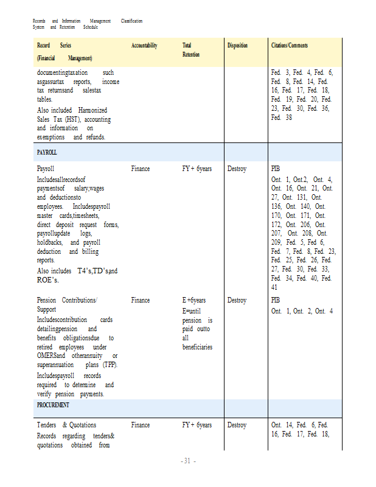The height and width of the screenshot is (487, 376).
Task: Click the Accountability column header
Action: tap(144, 46)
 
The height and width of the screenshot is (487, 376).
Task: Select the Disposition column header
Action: tap(237, 46)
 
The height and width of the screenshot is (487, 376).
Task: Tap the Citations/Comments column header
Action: tap(290, 46)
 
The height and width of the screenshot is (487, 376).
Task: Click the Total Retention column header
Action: tap(190, 50)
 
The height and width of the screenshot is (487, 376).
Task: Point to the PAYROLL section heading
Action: tap(47, 153)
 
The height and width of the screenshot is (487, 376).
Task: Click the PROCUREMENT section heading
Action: tap(53, 405)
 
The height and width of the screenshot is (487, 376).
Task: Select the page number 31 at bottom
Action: tap(188, 461)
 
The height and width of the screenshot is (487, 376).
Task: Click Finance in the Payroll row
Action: tap(141, 169)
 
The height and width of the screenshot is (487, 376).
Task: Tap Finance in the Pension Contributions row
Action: tap(141, 300)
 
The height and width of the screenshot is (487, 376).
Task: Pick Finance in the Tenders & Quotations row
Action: tap(141, 425)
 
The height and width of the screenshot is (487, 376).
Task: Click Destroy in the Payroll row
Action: tap(237, 169)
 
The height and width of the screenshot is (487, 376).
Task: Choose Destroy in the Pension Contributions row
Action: tap(237, 300)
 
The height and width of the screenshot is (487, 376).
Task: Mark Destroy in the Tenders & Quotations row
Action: tap(237, 425)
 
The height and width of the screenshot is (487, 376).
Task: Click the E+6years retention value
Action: tap(194, 300)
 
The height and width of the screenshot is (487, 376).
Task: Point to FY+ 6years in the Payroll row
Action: tap(197, 169)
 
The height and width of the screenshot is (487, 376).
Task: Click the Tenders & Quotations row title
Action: tap(66, 425)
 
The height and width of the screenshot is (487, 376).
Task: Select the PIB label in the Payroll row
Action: tap(276, 169)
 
